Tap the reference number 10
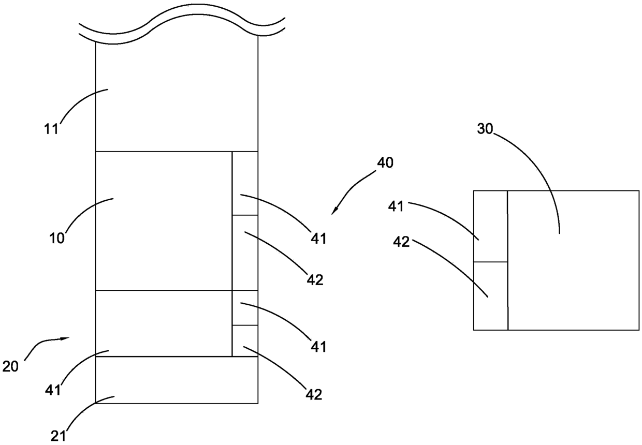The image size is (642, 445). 56,239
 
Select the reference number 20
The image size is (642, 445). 10,367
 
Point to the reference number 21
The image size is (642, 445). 59,436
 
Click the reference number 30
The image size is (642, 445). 485,129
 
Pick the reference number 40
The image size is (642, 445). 385,163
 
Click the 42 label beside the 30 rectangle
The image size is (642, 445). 402,242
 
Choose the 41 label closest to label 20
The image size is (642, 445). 53,390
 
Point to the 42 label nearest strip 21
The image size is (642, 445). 314,394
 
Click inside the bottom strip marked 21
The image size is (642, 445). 177,380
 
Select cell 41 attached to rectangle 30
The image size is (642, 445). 490,226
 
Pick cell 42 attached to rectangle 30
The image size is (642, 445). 490,295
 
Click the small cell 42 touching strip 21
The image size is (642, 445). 245,340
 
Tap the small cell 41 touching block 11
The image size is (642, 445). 245,183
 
